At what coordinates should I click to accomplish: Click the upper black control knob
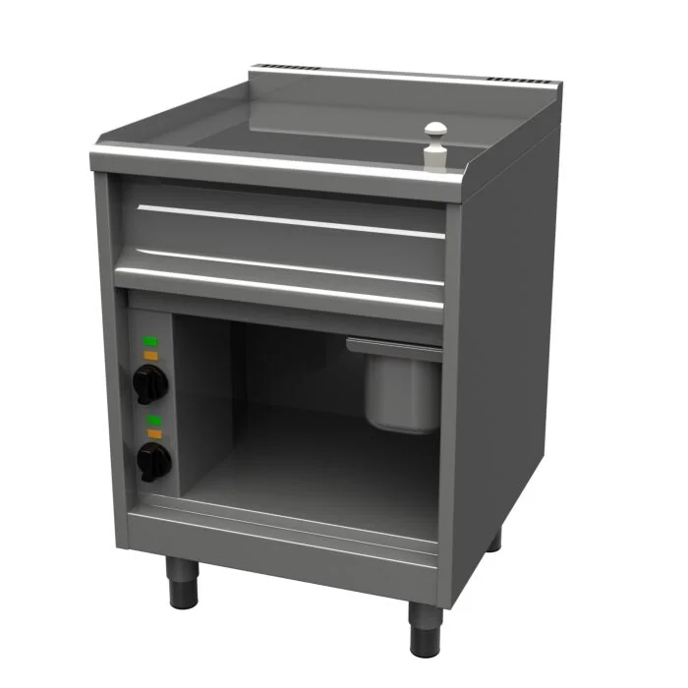148,381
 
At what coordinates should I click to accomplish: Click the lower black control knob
150,459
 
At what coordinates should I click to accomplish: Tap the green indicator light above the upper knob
151,342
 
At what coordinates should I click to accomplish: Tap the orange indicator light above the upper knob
151,353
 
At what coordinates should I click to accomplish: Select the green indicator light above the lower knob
153,420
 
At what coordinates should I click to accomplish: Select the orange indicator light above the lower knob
153,430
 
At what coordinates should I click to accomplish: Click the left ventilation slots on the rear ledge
294,69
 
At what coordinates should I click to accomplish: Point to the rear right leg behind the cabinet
493,539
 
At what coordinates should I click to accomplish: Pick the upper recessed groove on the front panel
285,217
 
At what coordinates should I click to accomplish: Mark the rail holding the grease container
393,343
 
